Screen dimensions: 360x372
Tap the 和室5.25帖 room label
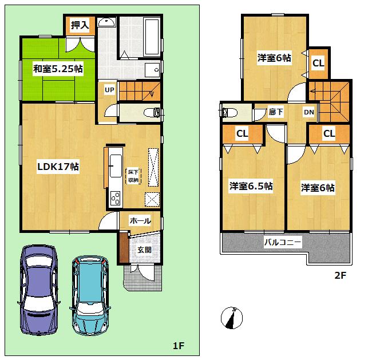pyautogui.click(x=57, y=69)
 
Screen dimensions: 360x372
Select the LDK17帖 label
pyautogui.click(x=58, y=167)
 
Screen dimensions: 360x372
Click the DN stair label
pyautogui.click(x=308, y=112)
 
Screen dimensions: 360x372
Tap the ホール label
pyautogui.click(x=140, y=220)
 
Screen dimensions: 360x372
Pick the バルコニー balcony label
pyautogui.click(x=283, y=243)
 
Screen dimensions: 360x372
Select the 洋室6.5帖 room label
pyautogui.click(x=251, y=186)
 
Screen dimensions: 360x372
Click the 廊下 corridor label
pyautogui.click(x=276, y=112)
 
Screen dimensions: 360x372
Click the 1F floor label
pyautogui.click(x=179, y=346)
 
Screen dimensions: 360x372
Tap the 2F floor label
pyautogui.click(x=341, y=274)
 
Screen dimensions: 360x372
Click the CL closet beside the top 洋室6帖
pyautogui.click(x=318, y=64)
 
